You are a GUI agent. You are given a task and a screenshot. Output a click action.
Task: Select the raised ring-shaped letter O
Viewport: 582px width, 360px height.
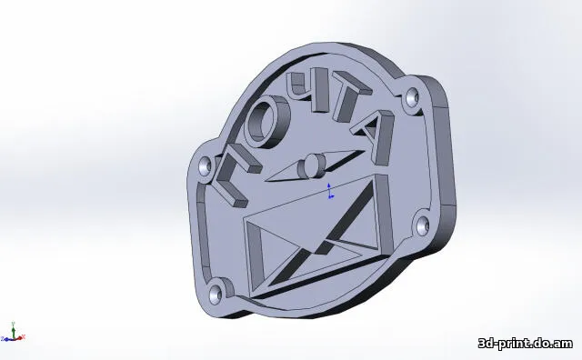pos(266,122)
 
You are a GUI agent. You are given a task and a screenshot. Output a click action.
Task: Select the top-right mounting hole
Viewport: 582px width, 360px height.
pos(414,95)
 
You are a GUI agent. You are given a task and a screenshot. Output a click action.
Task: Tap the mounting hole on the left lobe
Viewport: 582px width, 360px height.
pos(205,165)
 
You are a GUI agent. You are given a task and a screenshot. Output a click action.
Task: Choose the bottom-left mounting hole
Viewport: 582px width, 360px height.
pos(215,293)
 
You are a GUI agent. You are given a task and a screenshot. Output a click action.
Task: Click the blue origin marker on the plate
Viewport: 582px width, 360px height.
pos(329,190)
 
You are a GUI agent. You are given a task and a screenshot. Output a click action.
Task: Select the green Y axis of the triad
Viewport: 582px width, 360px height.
pos(13,329)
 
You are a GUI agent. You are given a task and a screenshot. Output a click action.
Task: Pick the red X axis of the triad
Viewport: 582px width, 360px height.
pos(21,338)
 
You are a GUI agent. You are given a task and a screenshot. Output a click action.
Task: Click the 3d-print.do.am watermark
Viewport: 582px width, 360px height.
pos(525,343)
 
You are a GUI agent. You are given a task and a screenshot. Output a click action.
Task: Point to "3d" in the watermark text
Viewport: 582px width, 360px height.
pos(488,343)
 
